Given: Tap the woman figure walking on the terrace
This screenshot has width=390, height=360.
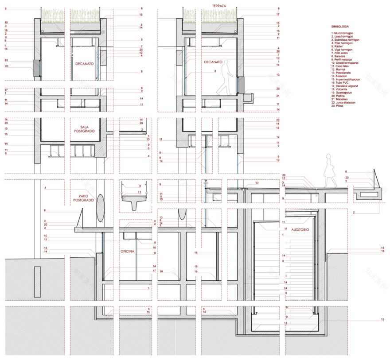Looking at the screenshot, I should (x=330, y=170).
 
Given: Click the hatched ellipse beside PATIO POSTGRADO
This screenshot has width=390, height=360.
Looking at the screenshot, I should (x=100, y=207).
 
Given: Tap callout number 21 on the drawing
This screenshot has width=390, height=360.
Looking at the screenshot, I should (x=277, y=96).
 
